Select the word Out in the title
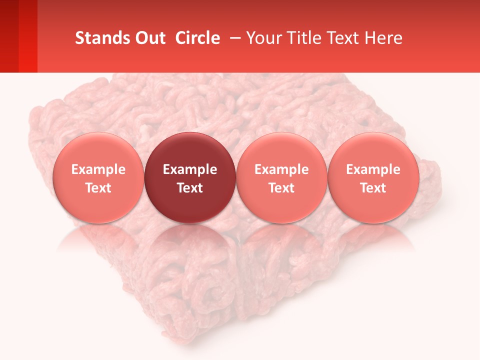pyautogui.click(x=149, y=38)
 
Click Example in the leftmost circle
pyautogui.click(x=98, y=169)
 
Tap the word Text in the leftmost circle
pyautogui.click(x=98, y=188)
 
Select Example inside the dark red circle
pyautogui.click(x=190, y=169)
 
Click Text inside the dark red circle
pyautogui.click(x=190, y=188)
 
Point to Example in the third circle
pyautogui.click(x=281, y=169)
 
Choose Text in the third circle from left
pyautogui.click(x=281, y=188)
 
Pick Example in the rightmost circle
pyautogui.click(x=373, y=169)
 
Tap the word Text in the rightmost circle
pyautogui.click(x=373, y=188)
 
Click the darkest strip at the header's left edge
pyautogui.click(x=9, y=36)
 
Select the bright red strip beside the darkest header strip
pyautogui.click(x=28, y=36)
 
